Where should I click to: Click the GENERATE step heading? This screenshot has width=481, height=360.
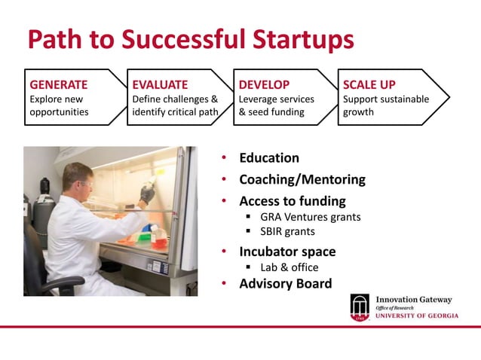tap(58, 84)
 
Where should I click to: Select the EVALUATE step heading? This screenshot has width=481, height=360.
tap(160, 84)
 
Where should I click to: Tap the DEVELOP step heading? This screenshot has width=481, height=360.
tap(264, 84)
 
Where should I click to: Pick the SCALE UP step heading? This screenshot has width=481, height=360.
tap(369, 84)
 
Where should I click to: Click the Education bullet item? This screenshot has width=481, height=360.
tap(268, 158)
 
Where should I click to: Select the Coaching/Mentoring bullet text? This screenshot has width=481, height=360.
tap(302, 180)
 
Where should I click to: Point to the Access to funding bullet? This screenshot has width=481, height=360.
tap(292, 201)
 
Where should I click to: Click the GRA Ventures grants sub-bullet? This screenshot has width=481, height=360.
tap(310, 217)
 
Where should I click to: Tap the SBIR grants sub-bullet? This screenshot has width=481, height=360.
tap(287, 232)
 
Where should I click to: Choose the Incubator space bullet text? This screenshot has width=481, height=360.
tap(287, 252)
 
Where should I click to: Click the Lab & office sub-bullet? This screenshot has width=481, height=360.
tap(289, 267)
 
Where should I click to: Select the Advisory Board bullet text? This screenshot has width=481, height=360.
tap(285, 284)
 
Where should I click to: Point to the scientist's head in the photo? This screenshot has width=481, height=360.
tap(78, 178)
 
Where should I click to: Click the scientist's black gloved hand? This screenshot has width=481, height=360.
tap(146, 194)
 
